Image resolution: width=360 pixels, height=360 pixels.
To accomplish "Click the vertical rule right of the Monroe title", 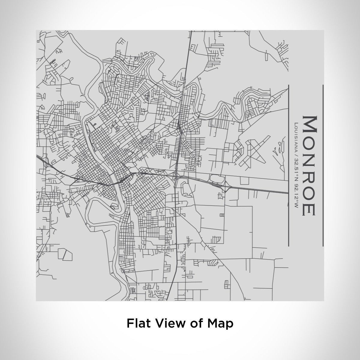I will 323,165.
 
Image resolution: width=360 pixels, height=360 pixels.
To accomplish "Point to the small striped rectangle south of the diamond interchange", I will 222,215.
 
